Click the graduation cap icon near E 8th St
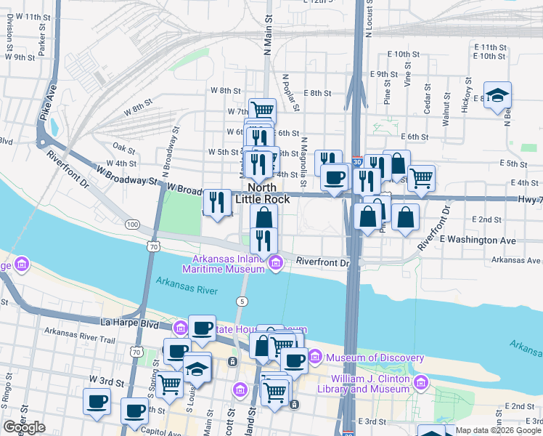[x=497, y=95]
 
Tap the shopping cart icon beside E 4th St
[x=420, y=177]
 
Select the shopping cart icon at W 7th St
[x=262, y=110]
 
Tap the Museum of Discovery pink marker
[x=315, y=357]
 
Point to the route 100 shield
[x=131, y=225]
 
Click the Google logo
[x=24, y=428]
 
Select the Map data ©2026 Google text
[x=498, y=430]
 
